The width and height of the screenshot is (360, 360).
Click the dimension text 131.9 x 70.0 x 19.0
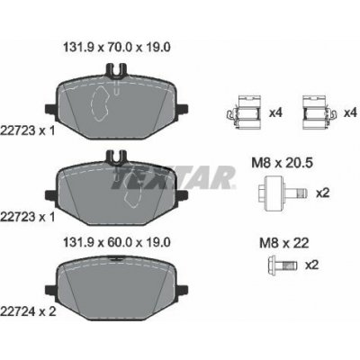117,48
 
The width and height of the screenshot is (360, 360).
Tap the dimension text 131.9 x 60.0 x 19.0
117,242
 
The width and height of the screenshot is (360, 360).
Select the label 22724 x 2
28,311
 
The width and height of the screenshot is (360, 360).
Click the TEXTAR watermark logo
174,177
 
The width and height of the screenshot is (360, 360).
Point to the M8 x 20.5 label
282,163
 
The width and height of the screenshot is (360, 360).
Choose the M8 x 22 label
283,243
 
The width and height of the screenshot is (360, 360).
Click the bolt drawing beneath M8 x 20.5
283,193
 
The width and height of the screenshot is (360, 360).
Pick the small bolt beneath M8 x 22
283,265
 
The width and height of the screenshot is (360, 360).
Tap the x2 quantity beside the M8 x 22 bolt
311,265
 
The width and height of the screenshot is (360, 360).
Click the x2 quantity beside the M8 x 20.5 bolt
322,193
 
